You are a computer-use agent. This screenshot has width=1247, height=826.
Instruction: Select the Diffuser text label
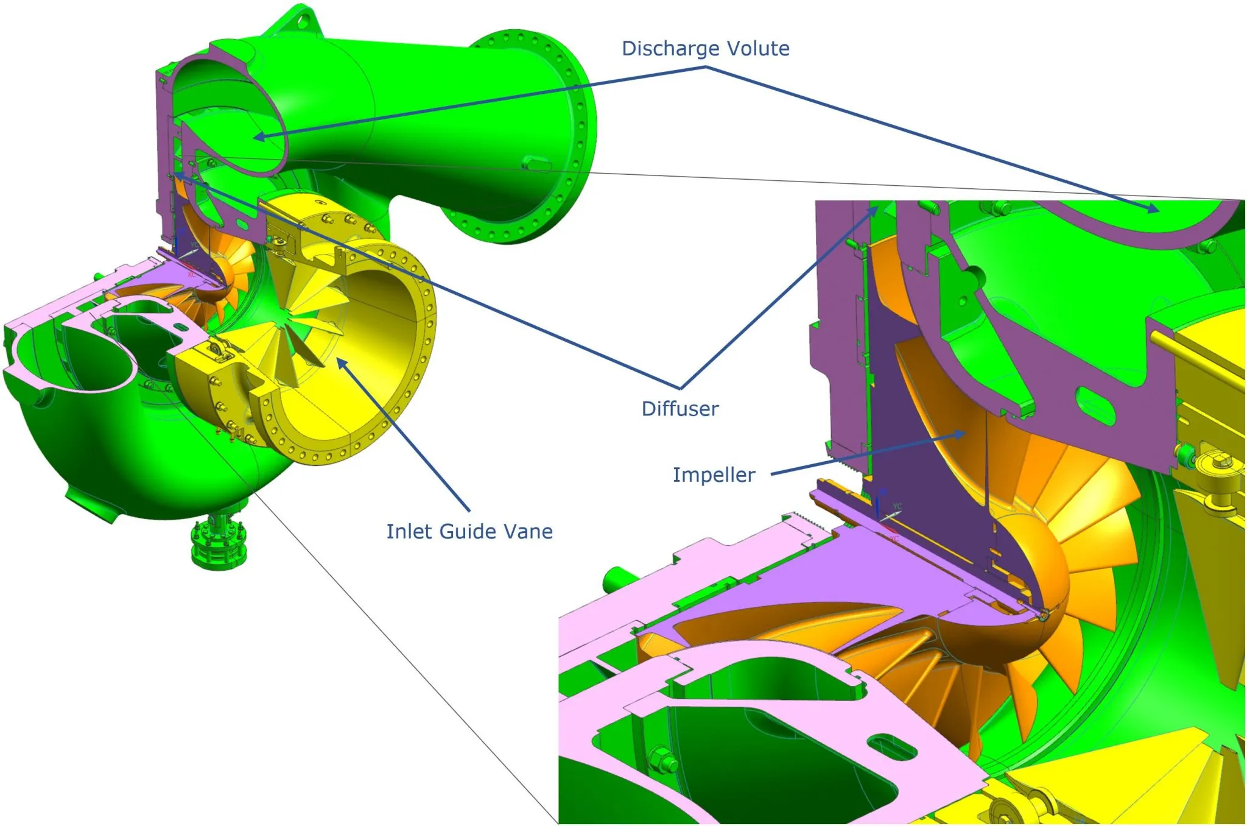coord(680,409)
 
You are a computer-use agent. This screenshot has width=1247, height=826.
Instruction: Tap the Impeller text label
coord(714,475)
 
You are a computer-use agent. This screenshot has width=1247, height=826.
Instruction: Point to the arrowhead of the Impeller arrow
coord(960,434)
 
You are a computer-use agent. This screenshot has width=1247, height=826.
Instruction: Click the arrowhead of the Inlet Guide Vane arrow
coord(342,364)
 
